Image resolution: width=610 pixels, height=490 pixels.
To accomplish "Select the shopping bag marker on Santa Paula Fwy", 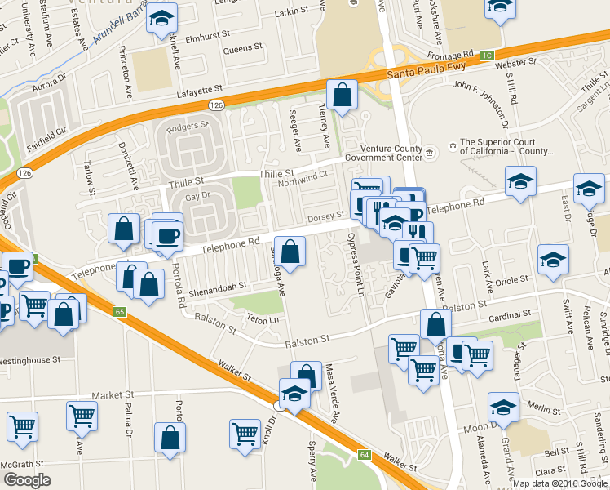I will tap(342, 96).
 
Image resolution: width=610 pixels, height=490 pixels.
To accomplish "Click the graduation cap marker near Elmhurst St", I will tap(161, 17).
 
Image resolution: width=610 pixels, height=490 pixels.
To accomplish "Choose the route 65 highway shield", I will tap(120, 311).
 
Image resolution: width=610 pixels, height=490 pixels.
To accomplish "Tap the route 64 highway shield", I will tap(363, 453).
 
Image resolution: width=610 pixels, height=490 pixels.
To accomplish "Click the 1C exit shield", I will tap(487, 56).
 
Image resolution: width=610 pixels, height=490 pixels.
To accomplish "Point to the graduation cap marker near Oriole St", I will tap(554, 259).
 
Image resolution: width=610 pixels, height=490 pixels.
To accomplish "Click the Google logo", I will tap(28, 479).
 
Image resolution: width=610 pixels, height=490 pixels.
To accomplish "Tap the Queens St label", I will tap(242, 49).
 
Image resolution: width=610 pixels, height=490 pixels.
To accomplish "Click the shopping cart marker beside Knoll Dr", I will tap(245, 434).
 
